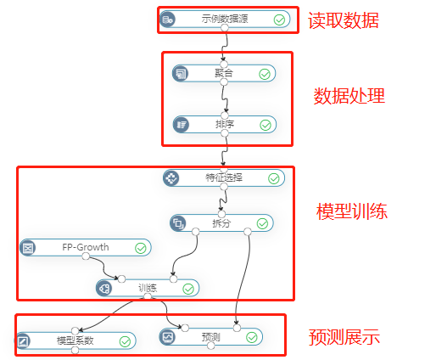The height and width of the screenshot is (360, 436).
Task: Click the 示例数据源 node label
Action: (225, 19)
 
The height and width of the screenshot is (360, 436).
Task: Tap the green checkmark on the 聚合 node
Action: (265, 75)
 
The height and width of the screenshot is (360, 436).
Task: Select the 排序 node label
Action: (225, 124)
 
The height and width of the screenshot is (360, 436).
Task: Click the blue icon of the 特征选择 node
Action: (171, 177)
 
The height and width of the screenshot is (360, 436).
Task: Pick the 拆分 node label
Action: (221, 223)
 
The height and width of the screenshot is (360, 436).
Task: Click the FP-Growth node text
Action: (86, 247)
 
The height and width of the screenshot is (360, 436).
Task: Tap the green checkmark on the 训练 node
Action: (188, 289)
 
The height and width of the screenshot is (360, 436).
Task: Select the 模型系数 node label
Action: (75, 340)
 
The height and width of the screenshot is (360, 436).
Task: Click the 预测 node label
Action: (210, 337)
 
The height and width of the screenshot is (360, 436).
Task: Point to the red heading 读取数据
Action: (344, 20)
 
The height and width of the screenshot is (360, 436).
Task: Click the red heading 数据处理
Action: (349, 96)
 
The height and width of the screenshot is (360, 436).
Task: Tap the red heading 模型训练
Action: (352, 211)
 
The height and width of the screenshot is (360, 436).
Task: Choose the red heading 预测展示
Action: (344, 337)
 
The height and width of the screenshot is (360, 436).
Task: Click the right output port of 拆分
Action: (248, 232)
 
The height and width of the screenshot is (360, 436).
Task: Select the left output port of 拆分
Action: (195, 232)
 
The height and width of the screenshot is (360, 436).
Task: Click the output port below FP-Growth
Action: (86, 256)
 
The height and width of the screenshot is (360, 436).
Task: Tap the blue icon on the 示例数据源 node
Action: (168, 20)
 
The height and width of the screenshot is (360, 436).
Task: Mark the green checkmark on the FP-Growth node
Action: (141, 248)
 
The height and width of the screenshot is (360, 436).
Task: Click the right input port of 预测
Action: (237, 328)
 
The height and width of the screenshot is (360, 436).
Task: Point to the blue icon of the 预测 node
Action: (167, 337)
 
